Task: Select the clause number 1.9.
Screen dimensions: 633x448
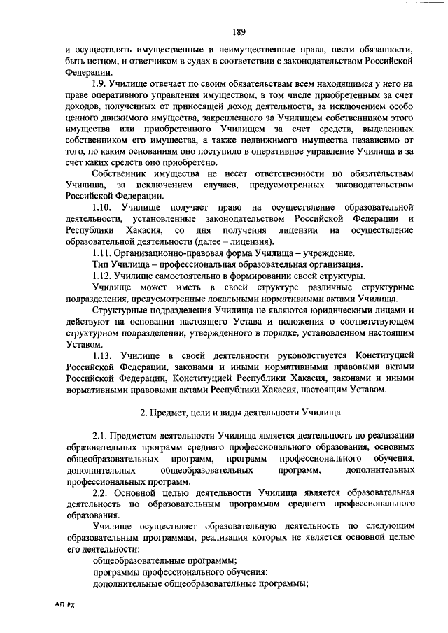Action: [x=101, y=84]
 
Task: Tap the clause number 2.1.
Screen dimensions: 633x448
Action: [x=101, y=436]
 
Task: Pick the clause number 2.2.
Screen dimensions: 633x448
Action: [x=101, y=493]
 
